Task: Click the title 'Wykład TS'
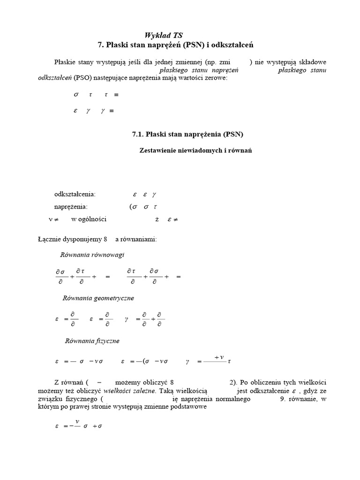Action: pyautogui.click(x=163, y=35)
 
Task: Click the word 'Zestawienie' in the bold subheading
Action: pyautogui.click(x=159, y=150)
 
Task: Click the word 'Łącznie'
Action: pyautogui.click(x=48, y=239)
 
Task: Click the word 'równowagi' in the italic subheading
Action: pyautogui.click(x=111, y=255)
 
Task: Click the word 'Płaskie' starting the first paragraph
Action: pyautogui.click(x=66, y=62)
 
